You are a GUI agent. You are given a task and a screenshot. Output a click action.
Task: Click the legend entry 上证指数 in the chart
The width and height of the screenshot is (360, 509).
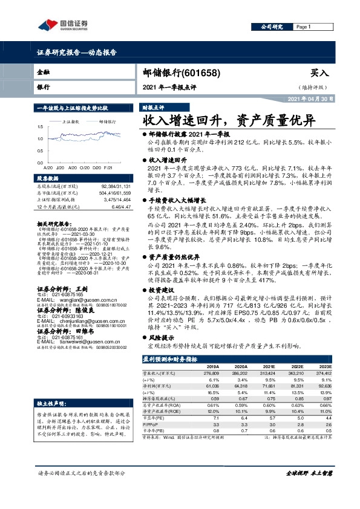pos(72,122)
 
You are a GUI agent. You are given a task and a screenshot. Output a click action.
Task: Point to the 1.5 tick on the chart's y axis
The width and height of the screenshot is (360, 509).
pos(40,126)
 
